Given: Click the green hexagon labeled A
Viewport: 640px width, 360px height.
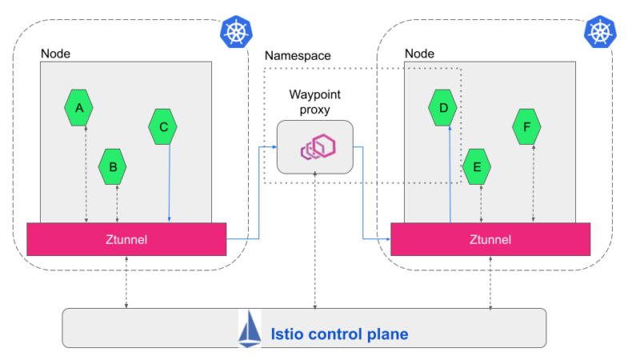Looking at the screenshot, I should point(78,107).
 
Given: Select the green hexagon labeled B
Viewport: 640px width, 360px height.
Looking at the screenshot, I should point(113,167).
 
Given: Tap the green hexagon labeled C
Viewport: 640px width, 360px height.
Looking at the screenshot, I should point(163,126).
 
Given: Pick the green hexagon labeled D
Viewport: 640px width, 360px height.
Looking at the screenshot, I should point(442,107).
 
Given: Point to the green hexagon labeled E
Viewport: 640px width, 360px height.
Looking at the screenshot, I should point(477,167).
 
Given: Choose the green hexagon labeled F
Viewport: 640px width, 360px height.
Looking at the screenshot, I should point(526,126).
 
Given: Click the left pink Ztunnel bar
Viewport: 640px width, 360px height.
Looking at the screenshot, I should point(126,238).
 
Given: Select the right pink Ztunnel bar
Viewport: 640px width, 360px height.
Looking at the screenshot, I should point(490,238).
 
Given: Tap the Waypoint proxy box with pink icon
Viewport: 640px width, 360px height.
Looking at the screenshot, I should point(315,147).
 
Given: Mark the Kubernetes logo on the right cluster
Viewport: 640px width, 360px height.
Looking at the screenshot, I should point(598,33).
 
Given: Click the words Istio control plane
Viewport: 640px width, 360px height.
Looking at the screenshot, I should point(339,334).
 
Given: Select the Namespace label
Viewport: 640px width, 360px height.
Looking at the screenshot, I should point(298,56).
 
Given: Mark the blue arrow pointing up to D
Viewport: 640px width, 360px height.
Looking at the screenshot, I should point(450,172).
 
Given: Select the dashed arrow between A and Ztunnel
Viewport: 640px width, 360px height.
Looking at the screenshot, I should point(86,172).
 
